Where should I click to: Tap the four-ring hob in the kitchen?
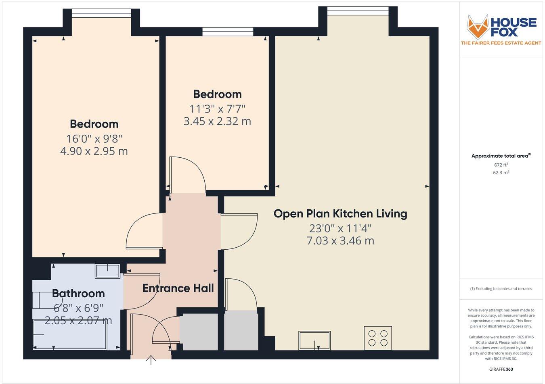coord(377,338)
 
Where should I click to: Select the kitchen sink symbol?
coord(314,340)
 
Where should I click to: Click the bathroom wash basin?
coord(107,271)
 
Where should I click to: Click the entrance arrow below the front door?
coord(151,360)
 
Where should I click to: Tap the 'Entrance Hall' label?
coord(178,288)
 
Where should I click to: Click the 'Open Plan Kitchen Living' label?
coord(340,213)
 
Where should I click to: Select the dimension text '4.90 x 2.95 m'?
coord(94,151)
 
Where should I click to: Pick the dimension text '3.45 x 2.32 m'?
coord(217,121)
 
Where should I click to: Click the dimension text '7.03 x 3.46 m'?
coord(340,241)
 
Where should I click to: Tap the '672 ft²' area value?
coord(501,165)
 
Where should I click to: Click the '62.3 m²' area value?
coord(501,173)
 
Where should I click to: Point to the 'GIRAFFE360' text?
coord(501,369)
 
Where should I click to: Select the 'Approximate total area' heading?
coord(501,156)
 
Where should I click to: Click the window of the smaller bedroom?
coord(228,31)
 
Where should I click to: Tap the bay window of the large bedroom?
coord(101,13)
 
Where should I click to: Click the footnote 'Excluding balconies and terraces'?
coord(501,289)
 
